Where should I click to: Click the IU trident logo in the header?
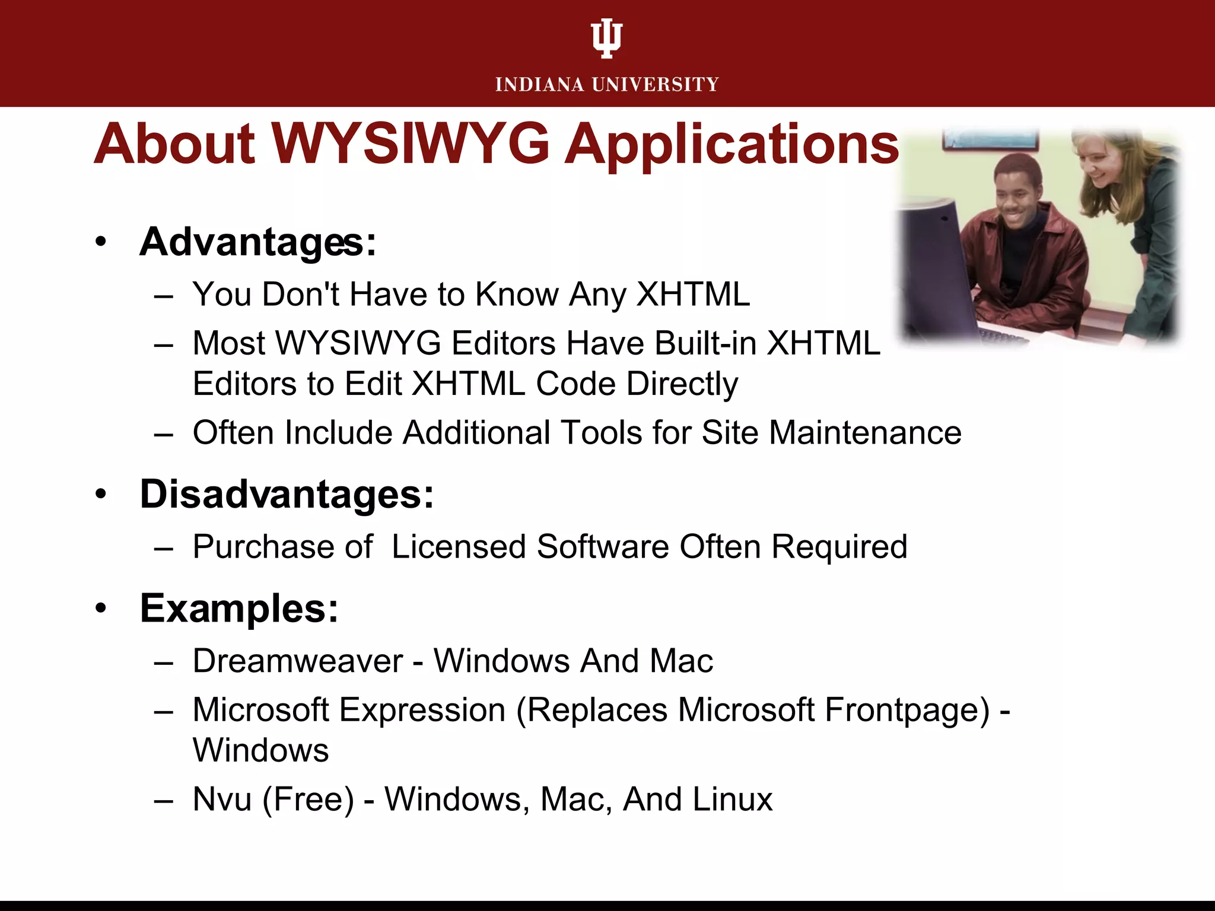(607, 39)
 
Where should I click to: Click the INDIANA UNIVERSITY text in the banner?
(607, 85)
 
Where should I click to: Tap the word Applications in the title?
(731, 145)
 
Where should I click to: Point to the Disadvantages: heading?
(287, 494)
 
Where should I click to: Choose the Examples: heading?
(239, 609)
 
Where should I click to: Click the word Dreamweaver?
(298, 661)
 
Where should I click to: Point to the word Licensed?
(459, 546)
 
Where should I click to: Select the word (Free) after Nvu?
(308, 799)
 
